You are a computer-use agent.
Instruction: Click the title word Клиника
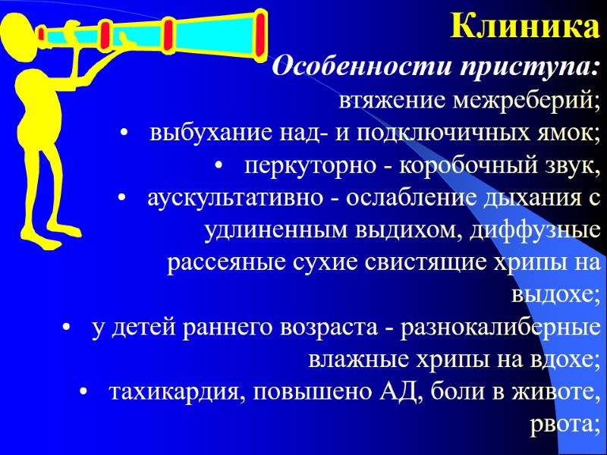point(524,27)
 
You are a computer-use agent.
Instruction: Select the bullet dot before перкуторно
point(219,168)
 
